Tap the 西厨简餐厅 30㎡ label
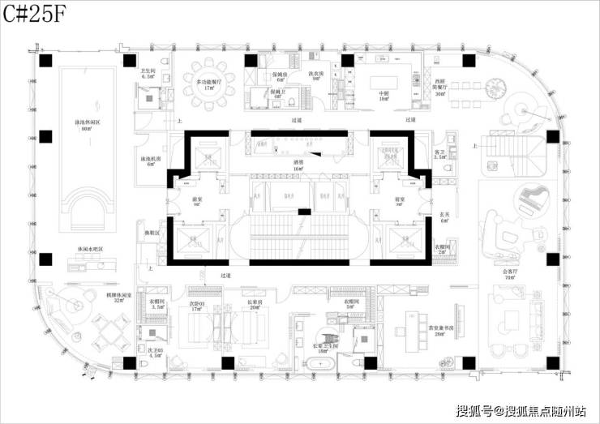pos(440,87)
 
